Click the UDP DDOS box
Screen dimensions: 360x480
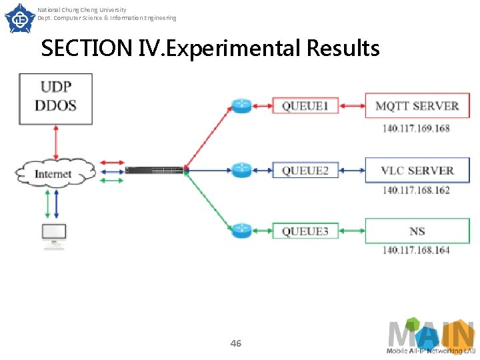pyautogui.click(x=55, y=98)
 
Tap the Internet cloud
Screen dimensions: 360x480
pyautogui.click(x=53, y=174)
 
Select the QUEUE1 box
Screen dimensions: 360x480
pyautogui.click(x=305, y=106)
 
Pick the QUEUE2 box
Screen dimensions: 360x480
pyautogui.click(x=305, y=170)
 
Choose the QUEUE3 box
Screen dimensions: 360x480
pyautogui.click(x=305, y=231)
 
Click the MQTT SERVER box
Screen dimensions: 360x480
pyautogui.click(x=417, y=106)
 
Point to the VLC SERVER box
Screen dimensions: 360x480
pyautogui.click(x=417, y=170)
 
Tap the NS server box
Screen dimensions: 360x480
pyautogui.click(x=417, y=231)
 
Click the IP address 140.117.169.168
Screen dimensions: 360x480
pyautogui.click(x=416, y=128)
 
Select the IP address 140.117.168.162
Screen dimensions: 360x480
pyautogui.click(x=416, y=191)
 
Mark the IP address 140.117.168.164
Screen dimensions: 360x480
pyautogui.click(x=416, y=251)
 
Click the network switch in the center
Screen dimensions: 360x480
pyautogui.click(x=154, y=171)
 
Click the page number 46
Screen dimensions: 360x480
pyautogui.click(x=235, y=343)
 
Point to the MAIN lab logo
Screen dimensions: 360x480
pyautogui.click(x=431, y=337)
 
